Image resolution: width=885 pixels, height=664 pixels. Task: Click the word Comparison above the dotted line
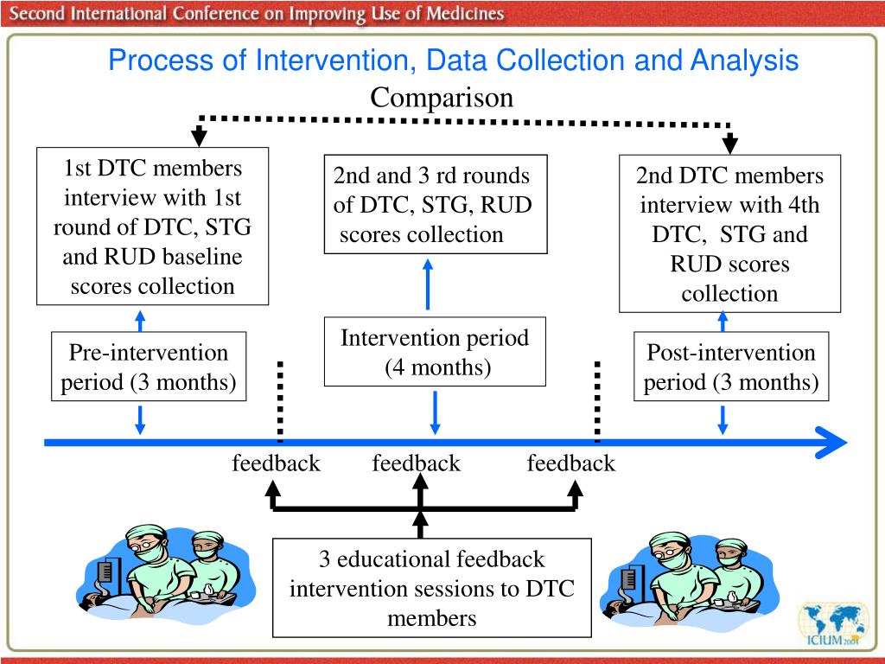pyautogui.click(x=442, y=98)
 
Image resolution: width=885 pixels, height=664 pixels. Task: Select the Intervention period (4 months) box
pyautogui.click(x=435, y=352)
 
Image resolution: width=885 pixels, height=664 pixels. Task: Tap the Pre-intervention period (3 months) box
pyautogui.click(x=149, y=367)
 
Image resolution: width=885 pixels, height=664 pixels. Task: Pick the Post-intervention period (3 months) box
pyautogui.click(x=731, y=367)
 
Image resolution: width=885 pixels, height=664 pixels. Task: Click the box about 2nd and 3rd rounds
pyautogui.click(x=436, y=204)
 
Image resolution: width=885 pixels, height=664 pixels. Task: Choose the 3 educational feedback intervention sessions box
pyautogui.click(x=432, y=588)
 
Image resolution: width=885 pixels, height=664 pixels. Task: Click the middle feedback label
pyautogui.click(x=417, y=463)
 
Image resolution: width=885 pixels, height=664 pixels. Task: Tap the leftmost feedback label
pyautogui.click(x=276, y=463)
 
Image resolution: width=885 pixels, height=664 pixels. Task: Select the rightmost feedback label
pyautogui.click(x=571, y=463)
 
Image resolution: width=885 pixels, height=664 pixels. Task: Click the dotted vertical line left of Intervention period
pyautogui.click(x=281, y=401)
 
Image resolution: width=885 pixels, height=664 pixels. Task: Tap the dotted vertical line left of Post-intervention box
pyautogui.click(x=598, y=401)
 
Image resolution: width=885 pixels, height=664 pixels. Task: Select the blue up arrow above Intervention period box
pyautogui.click(x=428, y=284)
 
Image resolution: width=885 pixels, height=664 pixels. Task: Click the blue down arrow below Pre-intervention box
pyautogui.click(x=140, y=419)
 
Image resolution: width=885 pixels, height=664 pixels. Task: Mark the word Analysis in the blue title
pyautogui.click(x=745, y=61)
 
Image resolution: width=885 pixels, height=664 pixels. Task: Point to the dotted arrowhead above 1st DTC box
pyautogui.click(x=199, y=137)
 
